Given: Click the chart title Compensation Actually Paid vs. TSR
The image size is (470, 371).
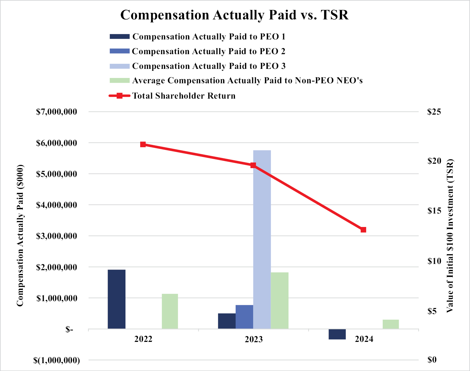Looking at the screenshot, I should click(x=234, y=15).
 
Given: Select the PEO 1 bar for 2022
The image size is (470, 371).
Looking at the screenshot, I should click(x=116, y=299).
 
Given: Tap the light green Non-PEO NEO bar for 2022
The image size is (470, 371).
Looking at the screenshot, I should click(x=170, y=311).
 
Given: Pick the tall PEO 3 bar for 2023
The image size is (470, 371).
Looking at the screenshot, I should click(x=262, y=240).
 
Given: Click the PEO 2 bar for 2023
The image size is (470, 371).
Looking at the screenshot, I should click(x=244, y=317).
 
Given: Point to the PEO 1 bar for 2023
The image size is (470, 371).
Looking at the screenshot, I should click(x=227, y=321).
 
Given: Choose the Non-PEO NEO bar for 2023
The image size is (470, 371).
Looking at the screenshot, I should click(x=279, y=301).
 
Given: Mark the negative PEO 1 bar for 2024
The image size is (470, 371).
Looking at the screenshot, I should click(x=337, y=334).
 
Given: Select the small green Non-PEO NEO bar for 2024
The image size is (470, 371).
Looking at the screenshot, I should click(x=391, y=324).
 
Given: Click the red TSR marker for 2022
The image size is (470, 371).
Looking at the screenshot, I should click(x=143, y=144).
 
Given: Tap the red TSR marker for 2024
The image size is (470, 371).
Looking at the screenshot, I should click(x=363, y=230).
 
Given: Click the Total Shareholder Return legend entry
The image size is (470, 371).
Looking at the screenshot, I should click(x=184, y=96).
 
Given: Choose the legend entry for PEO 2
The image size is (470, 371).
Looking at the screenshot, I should click(x=208, y=51).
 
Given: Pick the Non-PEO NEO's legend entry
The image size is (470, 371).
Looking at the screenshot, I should click(x=247, y=81).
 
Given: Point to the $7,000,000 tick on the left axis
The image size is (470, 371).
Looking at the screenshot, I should click(x=57, y=112).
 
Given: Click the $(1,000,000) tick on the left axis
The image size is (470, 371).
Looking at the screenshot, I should click(x=57, y=360).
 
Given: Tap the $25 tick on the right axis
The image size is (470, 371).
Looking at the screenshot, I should click(x=434, y=112).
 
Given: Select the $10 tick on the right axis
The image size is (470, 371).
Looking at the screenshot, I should click(x=434, y=261).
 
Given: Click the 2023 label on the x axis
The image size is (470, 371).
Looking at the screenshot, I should click(x=253, y=339).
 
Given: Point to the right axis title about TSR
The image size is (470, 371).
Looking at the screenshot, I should click(x=450, y=236).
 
